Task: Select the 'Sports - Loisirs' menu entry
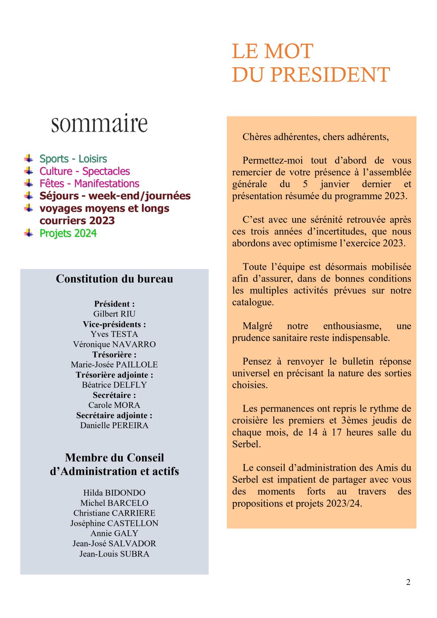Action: (73, 159)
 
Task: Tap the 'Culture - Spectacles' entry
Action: (84, 171)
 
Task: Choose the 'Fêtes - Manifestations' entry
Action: (89, 184)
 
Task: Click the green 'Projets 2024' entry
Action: (68, 233)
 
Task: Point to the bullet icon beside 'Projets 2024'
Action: (28, 233)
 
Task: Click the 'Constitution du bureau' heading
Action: (114, 279)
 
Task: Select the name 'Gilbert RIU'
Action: (114, 314)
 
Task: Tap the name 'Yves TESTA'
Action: (114, 334)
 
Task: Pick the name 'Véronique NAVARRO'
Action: (114, 344)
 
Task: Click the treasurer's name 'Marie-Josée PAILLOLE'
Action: (114, 365)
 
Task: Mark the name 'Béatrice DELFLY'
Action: (114, 385)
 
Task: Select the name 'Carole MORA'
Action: (114, 405)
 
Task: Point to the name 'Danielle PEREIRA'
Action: (114, 425)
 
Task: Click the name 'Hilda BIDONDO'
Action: (114, 493)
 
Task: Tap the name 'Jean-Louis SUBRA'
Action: (114, 554)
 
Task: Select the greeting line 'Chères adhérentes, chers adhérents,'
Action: (316, 137)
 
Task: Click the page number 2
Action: (408, 582)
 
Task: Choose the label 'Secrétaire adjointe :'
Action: (114, 415)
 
